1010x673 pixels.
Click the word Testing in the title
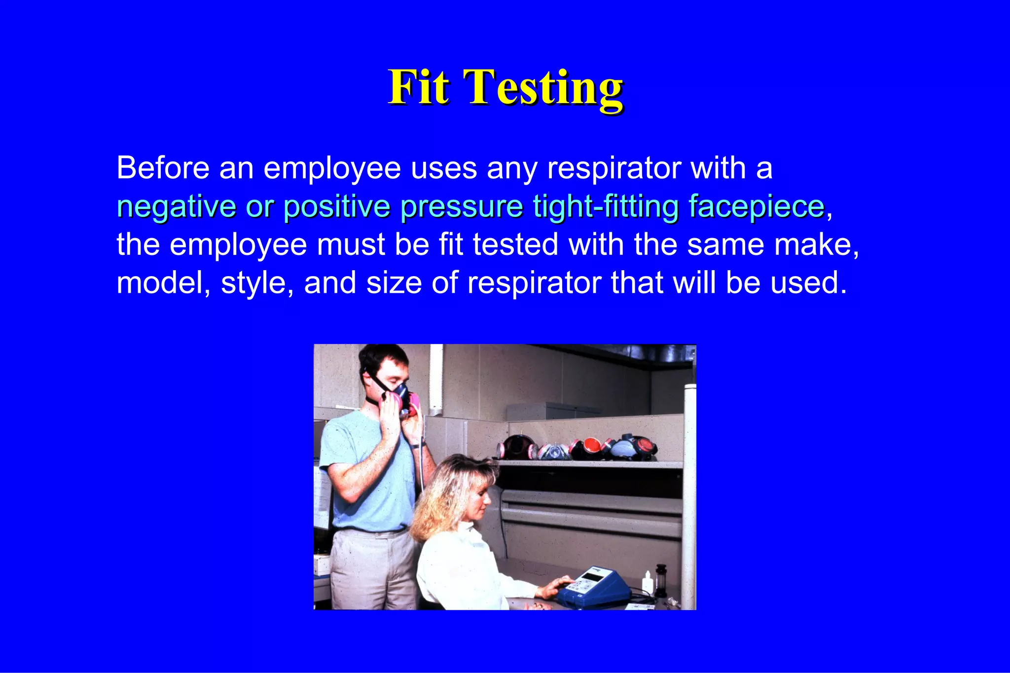(x=543, y=88)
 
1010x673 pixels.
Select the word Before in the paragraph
(x=163, y=168)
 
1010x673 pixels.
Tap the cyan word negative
(x=176, y=207)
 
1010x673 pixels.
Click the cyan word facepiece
(x=757, y=207)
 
